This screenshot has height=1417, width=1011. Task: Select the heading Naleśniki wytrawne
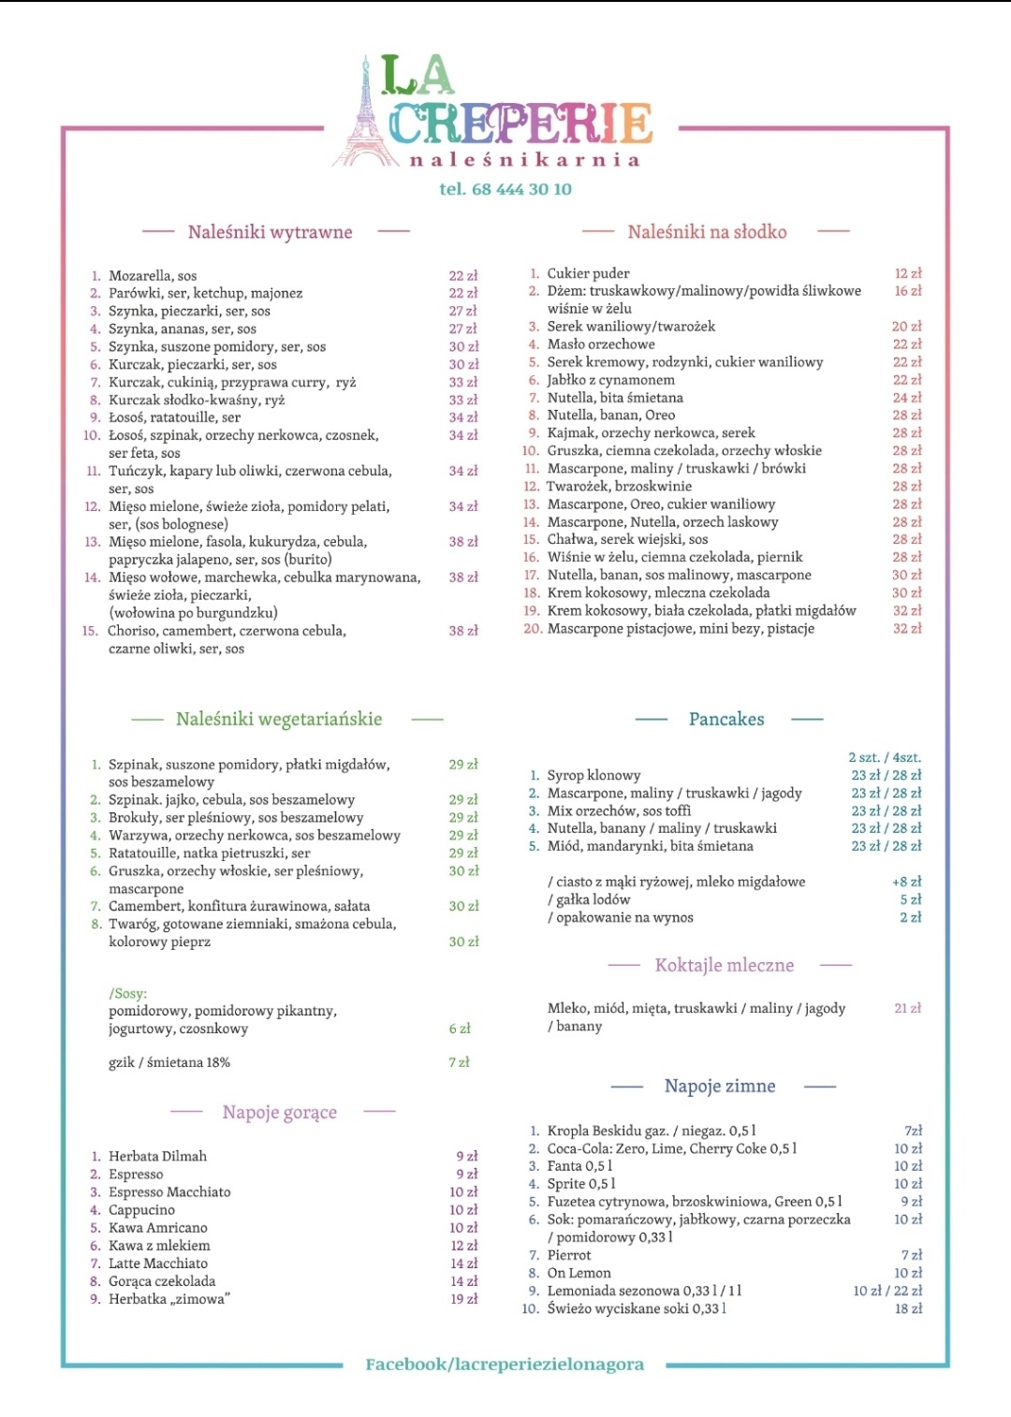[270, 232]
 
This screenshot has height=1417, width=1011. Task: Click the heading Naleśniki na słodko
[707, 232]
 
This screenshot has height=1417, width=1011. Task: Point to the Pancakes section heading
[726, 719]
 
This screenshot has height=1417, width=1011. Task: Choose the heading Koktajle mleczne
[725, 965]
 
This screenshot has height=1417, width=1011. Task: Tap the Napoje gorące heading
[280, 1112]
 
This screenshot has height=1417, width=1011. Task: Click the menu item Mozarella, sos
[153, 276]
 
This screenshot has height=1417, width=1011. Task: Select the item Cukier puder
[588, 273]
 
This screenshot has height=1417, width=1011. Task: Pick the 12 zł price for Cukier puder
[907, 273]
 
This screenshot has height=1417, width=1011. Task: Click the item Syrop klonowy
[593, 775]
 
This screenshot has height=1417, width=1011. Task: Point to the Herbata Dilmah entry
[157, 1157]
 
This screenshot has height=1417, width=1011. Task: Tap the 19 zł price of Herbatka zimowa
[464, 1299]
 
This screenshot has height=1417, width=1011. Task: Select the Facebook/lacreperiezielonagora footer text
[505, 1364]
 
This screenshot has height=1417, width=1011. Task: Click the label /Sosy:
[127, 994]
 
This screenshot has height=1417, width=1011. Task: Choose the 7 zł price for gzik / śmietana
[459, 1062]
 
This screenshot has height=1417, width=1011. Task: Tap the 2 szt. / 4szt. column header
[885, 757]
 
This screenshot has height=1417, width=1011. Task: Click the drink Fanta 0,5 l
[579, 1166]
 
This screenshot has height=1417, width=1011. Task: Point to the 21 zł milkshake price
[907, 1008]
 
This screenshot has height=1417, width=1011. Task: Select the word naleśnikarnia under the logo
[524, 160]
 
